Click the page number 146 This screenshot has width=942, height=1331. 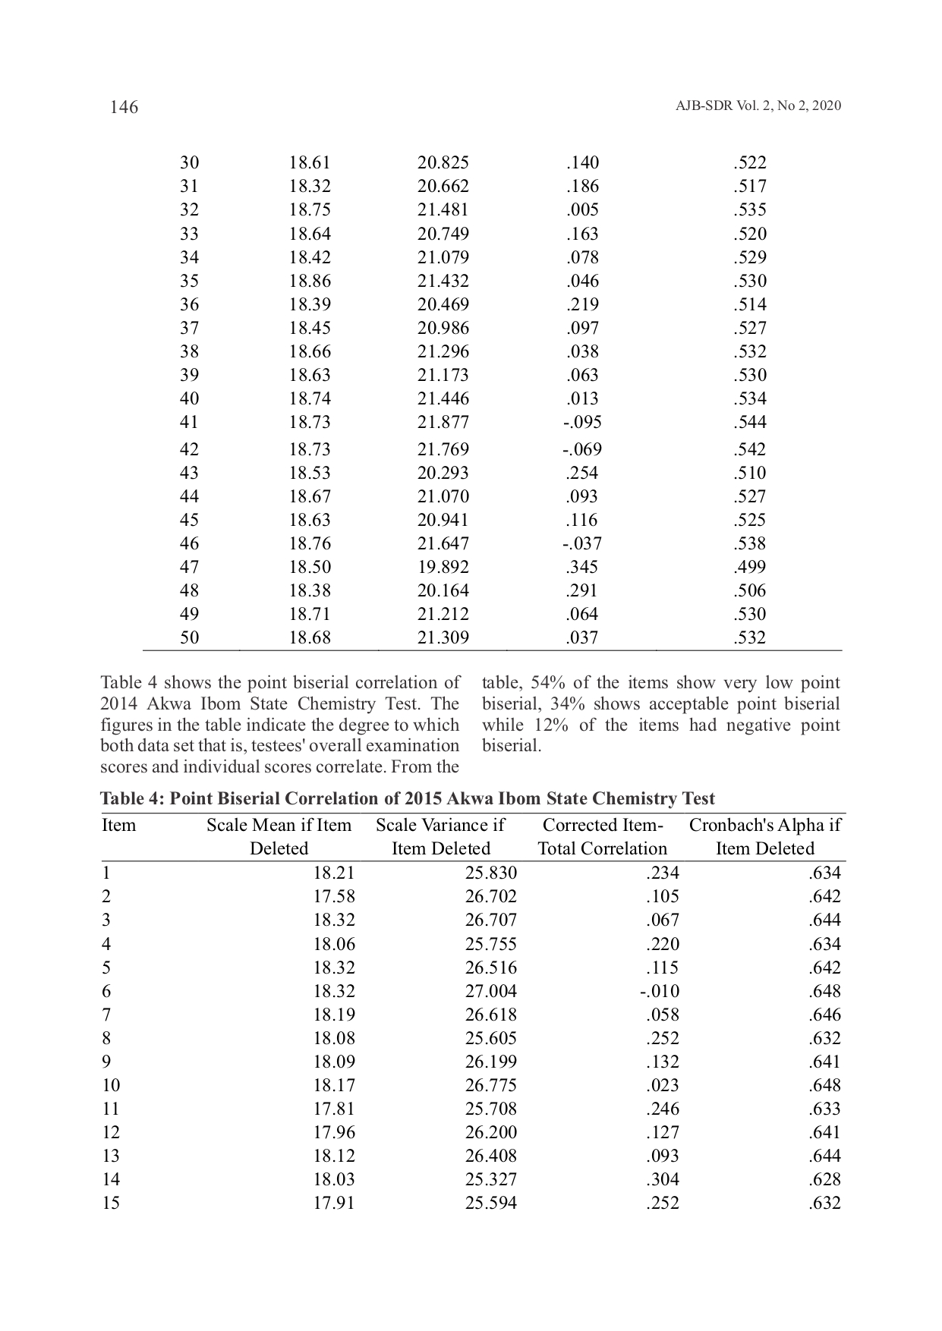(124, 107)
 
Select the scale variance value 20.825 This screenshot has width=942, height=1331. (443, 162)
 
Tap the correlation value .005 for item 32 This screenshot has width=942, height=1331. (582, 209)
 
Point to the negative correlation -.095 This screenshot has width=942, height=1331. (582, 422)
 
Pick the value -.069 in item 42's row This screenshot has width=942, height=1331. (582, 449)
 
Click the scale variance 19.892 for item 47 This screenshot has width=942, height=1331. (443, 567)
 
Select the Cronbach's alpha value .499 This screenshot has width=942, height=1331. (750, 567)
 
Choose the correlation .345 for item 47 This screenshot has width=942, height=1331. (582, 567)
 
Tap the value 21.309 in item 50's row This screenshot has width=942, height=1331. (443, 637)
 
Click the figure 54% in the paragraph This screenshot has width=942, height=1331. (546, 683)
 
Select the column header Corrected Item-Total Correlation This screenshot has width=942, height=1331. (602, 836)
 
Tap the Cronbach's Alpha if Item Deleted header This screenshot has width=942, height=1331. (764, 836)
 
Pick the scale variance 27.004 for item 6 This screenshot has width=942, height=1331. (490, 991)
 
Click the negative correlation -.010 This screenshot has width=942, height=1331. (659, 991)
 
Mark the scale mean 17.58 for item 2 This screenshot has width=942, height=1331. (334, 896)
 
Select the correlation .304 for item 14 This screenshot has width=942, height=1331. (663, 1179)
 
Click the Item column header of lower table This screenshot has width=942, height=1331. (118, 825)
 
